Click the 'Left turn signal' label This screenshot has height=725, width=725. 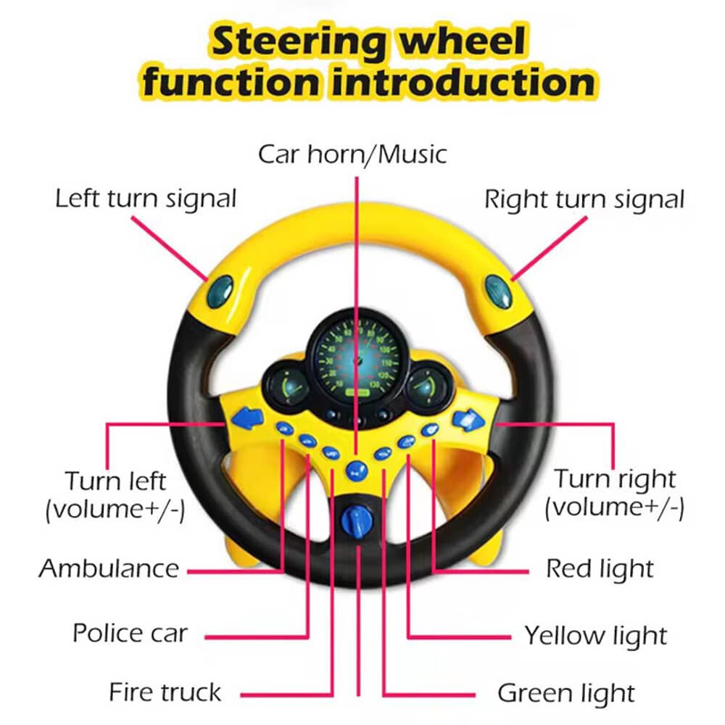[146, 198]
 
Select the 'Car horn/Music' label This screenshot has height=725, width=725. [352, 154]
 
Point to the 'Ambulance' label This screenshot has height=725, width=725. [109, 568]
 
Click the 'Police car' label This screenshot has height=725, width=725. [130, 633]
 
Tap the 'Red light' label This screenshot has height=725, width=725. [600, 568]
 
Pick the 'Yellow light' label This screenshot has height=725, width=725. [595, 635]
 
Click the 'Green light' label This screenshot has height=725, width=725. [565, 692]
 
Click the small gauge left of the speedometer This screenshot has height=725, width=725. [284, 386]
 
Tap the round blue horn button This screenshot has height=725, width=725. [355, 471]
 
